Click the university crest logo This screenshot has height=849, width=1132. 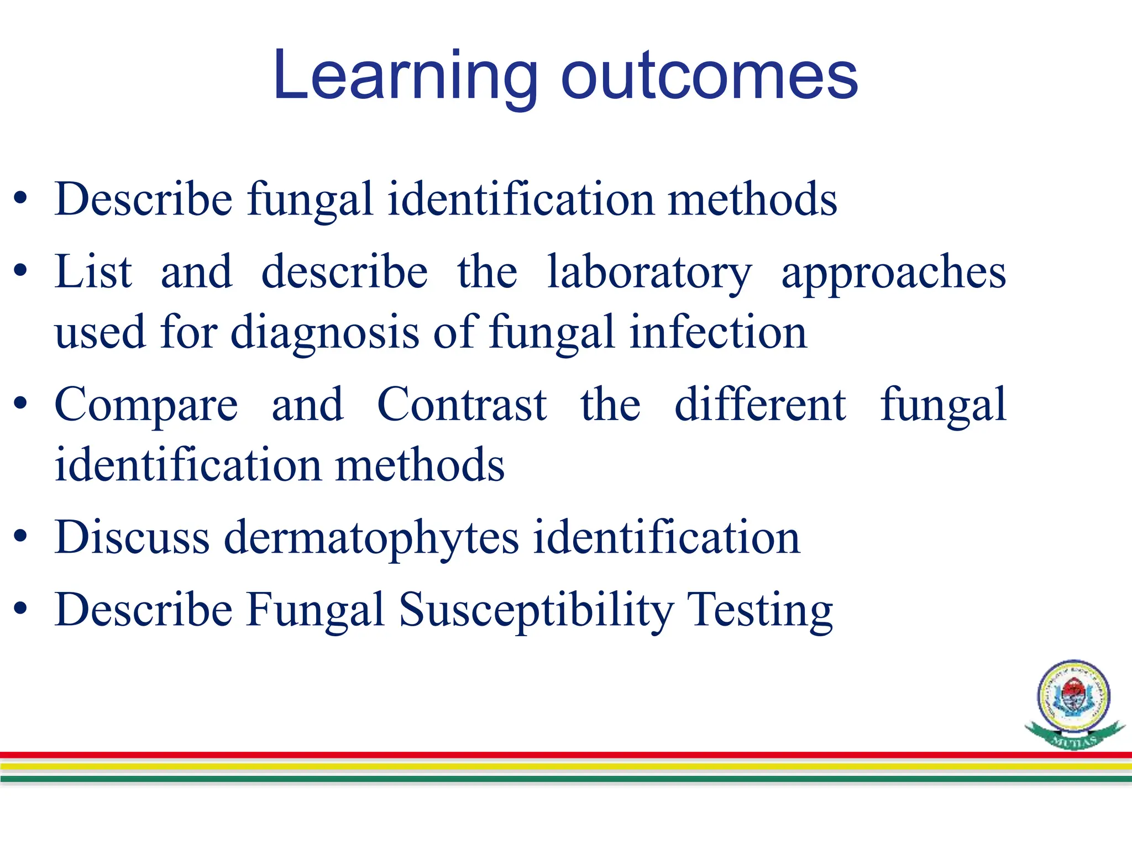[1073, 702]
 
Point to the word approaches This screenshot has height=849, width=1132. [893, 274]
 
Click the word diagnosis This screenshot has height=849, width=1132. [324, 333]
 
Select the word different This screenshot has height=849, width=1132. [760, 405]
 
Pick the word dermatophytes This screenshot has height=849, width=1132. [371, 538]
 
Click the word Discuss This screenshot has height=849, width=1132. [132, 537]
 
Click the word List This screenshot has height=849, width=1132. [93, 272]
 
